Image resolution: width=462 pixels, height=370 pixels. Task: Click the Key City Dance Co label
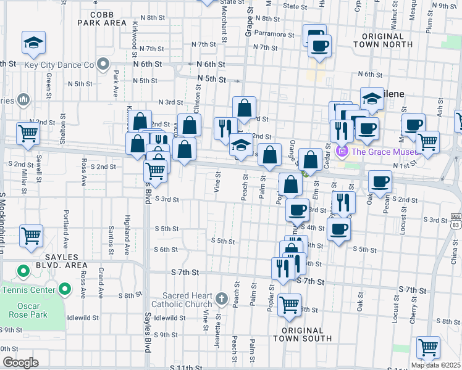(59, 64)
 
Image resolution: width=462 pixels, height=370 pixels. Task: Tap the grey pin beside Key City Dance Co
(103, 64)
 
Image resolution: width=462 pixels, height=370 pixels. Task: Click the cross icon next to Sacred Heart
(222, 300)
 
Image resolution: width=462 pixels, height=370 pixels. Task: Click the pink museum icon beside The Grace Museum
(342, 151)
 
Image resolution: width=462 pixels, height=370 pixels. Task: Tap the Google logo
(20, 362)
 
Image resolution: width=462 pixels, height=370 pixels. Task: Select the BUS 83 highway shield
(456, 220)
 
